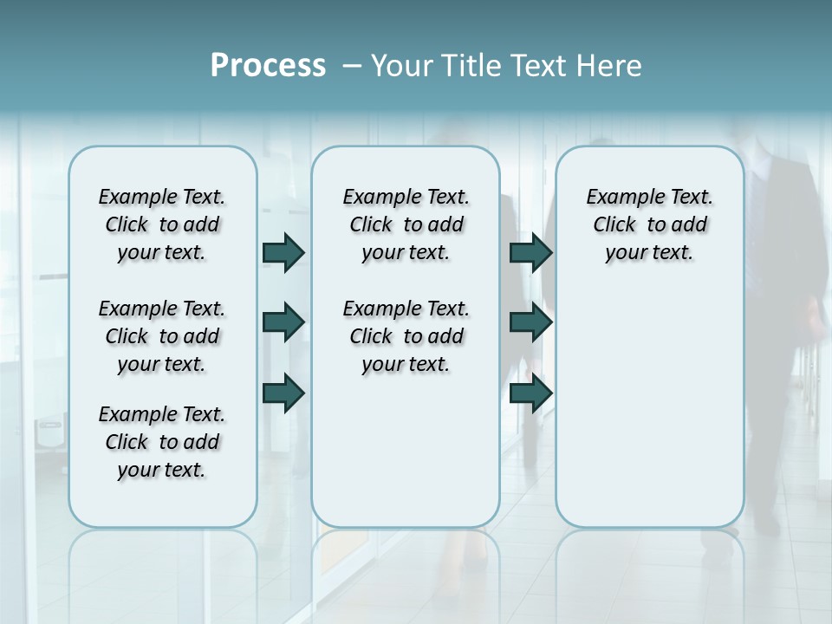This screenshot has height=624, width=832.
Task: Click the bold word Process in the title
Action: pyautogui.click(x=268, y=66)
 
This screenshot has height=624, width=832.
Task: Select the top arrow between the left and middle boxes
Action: pyautogui.click(x=283, y=253)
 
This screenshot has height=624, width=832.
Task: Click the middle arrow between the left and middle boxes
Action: pyautogui.click(x=283, y=323)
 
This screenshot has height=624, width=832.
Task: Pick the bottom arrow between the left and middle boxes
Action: pyautogui.click(x=283, y=393)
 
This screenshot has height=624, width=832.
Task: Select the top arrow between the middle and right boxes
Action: pyautogui.click(x=530, y=253)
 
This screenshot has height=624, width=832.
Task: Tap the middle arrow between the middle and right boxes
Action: pyautogui.click(x=530, y=323)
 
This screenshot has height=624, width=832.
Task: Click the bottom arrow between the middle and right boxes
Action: pyautogui.click(x=530, y=393)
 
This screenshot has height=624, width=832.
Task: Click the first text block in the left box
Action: pyautogui.click(x=162, y=224)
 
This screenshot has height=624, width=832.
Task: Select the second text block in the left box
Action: pyautogui.click(x=162, y=336)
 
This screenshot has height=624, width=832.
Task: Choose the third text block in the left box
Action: pyautogui.click(x=162, y=442)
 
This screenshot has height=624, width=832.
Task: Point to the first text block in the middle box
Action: pyautogui.click(x=406, y=224)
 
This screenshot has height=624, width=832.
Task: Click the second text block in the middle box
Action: pyautogui.click(x=406, y=336)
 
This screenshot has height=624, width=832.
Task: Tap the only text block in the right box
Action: pyautogui.click(x=649, y=224)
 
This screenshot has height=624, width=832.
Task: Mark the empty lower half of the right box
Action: pyautogui.click(x=649, y=416)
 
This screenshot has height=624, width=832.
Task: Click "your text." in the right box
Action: pyautogui.click(x=649, y=253)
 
